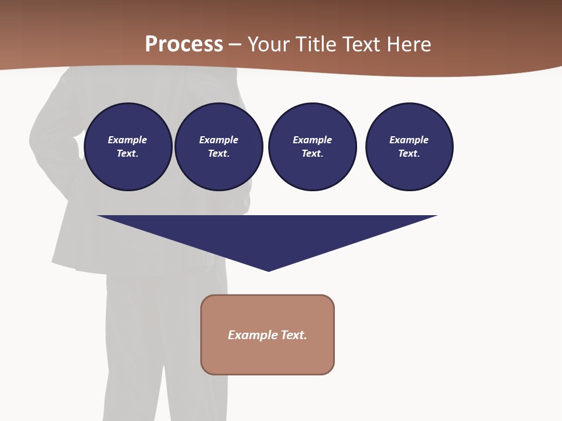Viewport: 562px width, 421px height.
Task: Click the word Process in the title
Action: click(184, 44)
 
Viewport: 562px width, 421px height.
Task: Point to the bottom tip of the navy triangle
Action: click(269, 270)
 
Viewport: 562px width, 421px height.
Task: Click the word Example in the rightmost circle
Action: click(409, 140)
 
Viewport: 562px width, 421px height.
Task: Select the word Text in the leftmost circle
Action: click(127, 154)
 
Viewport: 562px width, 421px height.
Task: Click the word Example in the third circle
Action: click(312, 140)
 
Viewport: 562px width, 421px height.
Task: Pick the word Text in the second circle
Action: click(218, 154)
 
